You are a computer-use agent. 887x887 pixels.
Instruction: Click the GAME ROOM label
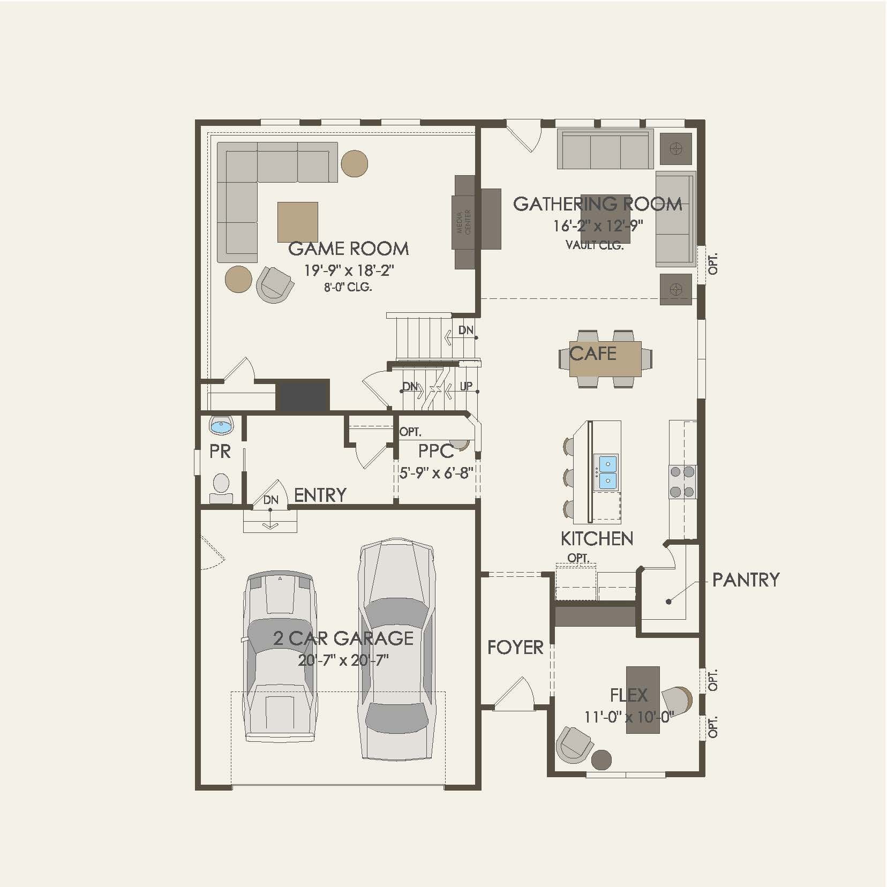pyautogui.click(x=348, y=249)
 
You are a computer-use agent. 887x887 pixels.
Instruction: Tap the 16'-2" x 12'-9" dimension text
pyautogui.click(x=598, y=226)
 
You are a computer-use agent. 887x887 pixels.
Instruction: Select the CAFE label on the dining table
pyautogui.click(x=593, y=354)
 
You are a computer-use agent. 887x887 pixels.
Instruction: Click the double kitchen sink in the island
pyautogui.click(x=608, y=472)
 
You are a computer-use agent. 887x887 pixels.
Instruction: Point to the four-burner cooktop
pyautogui.click(x=682, y=482)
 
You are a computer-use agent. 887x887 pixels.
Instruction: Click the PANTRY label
pyautogui.click(x=746, y=580)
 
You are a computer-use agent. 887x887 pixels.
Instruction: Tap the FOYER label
pyautogui.click(x=515, y=648)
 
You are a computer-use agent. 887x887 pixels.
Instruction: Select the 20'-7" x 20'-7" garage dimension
pyautogui.click(x=343, y=660)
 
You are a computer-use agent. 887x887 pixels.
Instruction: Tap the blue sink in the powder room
pyautogui.click(x=221, y=426)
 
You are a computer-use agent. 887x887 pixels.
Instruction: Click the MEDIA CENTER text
pyautogui.click(x=463, y=222)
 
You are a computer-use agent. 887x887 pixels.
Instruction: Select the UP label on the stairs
pyautogui.click(x=466, y=386)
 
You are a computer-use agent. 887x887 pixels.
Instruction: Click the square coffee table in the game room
pyautogui.click(x=297, y=222)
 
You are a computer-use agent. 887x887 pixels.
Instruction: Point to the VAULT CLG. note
pyautogui.click(x=595, y=245)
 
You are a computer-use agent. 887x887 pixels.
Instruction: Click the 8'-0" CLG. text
pyautogui.click(x=348, y=287)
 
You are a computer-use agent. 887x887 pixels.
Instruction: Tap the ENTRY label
pyautogui.click(x=320, y=495)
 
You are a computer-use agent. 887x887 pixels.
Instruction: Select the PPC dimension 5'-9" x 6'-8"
pyautogui.click(x=436, y=473)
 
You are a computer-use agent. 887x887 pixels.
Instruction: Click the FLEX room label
pyautogui.click(x=629, y=695)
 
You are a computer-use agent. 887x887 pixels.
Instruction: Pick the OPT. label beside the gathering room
pyautogui.click(x=713, y=264)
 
